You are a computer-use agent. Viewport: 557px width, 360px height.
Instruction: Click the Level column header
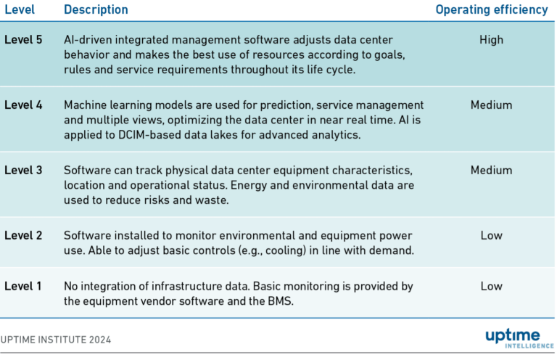20,9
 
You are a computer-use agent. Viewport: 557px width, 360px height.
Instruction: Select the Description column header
96,9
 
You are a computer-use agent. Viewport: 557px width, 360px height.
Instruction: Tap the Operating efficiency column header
491,9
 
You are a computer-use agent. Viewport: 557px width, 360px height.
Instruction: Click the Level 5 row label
23,40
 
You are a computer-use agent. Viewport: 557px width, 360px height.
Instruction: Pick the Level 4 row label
23,105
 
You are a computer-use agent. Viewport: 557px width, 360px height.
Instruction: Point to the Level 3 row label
23,170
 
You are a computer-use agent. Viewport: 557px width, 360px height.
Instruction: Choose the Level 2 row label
23,235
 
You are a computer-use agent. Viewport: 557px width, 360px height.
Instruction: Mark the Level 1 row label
23,286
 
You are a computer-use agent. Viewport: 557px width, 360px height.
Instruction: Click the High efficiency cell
491,40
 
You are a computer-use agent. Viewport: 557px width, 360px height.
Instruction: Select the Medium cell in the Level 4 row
491,105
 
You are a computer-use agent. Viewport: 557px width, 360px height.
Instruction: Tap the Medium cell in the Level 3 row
491,170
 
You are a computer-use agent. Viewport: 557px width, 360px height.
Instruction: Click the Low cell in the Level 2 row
491,235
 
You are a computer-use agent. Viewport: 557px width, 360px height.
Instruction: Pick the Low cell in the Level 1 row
491,286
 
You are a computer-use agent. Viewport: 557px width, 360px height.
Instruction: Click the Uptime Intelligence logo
513,339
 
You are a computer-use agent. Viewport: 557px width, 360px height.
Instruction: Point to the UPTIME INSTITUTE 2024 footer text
56,339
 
